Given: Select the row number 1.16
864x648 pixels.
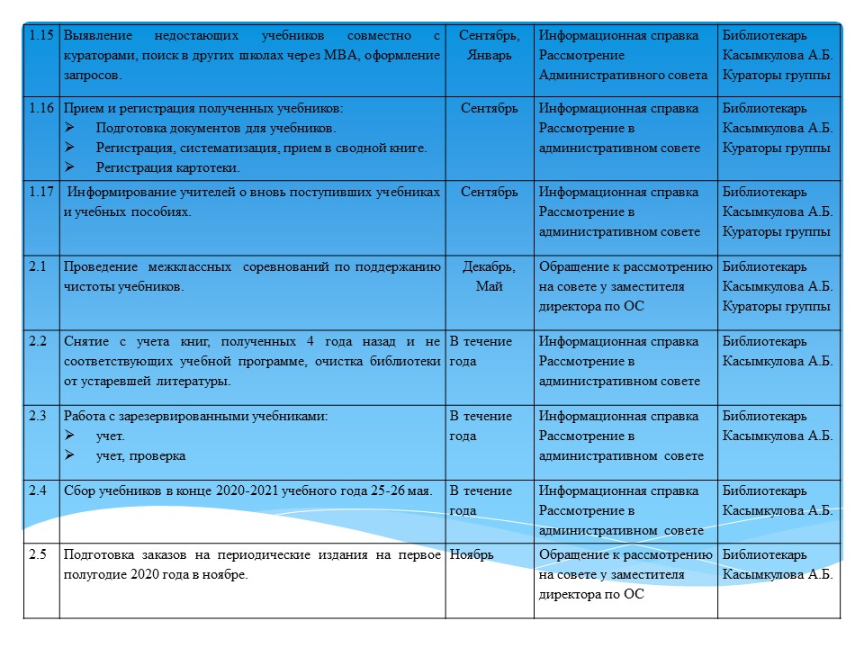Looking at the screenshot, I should tap(41, 109).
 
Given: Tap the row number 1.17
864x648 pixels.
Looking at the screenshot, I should tap(41, 192).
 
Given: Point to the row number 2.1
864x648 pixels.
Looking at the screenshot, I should tap(37, 266).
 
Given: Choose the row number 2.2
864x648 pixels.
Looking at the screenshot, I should tap(37, 341).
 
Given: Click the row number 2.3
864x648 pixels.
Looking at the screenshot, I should tap(37, 416).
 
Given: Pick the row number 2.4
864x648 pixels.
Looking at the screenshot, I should tap(37, 490).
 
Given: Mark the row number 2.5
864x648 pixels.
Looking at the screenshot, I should tap(37, 554).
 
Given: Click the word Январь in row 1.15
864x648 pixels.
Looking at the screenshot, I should tap(490, 55).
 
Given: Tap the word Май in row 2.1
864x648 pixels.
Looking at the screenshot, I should tap(490, 286).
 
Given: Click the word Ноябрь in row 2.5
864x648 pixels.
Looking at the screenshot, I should tap(472, 554).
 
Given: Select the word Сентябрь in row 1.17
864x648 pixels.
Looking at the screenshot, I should tap(490, 192).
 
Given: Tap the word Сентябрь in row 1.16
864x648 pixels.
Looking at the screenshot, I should tap(490, 109).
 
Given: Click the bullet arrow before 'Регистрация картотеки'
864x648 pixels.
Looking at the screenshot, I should tap(70, 166).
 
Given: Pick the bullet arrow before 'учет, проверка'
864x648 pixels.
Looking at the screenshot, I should tap(70, 455).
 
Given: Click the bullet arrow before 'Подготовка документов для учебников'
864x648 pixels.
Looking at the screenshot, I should tap(70, 128).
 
